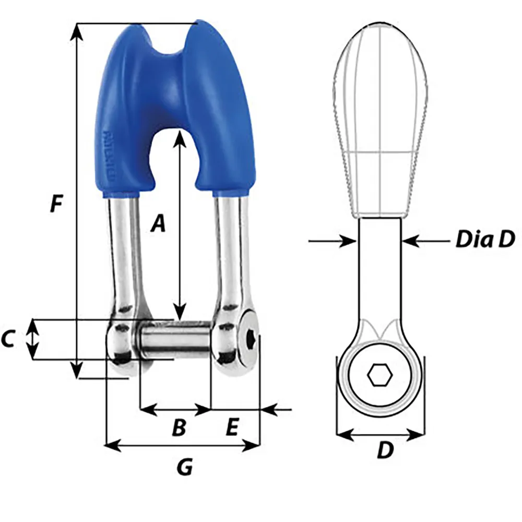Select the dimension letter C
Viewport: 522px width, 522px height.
pos(8,340)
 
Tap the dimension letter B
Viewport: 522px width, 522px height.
pos(179,428)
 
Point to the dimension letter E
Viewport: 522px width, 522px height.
pos(232,428)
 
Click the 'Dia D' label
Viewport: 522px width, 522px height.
pos(485,240)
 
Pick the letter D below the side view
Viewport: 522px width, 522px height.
pos(385,450)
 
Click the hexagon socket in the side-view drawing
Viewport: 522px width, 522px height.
pos(379,375)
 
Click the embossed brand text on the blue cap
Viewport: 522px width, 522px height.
pos(110,157)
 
